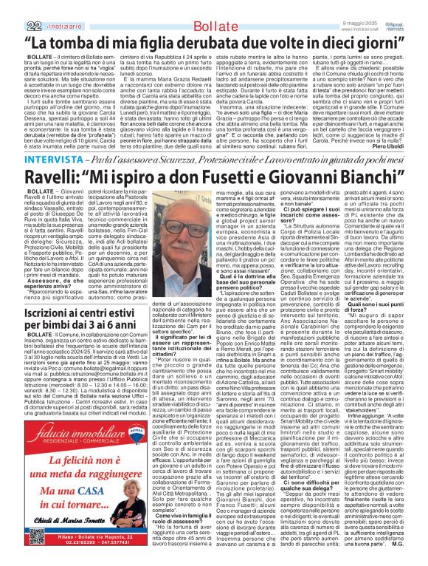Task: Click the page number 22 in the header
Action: click(x=13, y=8)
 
